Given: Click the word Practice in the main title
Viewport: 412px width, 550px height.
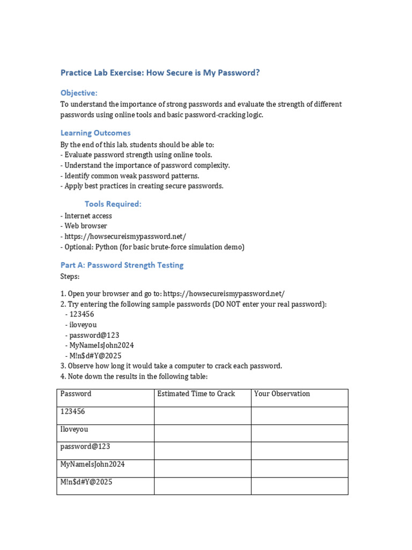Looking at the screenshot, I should (x=76, y=73).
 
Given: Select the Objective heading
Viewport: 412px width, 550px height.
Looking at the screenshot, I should (x=79, y=93).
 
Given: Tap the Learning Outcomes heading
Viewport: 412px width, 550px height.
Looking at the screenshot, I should (x=95, y=133).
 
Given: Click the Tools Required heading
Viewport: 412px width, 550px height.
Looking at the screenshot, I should (x=113, y=204).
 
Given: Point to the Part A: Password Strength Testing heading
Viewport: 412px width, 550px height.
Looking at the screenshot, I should (x=122, y=265).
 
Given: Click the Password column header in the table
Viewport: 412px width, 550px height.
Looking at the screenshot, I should (x=76, y=394).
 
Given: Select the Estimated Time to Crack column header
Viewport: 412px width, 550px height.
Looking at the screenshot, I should (x=196, y=394).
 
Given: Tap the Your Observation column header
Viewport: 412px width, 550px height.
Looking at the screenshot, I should (x=282, y=394).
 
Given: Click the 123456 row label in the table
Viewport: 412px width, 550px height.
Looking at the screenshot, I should (x=73, y=411).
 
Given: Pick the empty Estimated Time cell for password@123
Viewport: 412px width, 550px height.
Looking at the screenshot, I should (x=202, y=451).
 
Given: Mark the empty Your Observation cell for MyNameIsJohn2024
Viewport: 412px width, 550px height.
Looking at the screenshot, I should (x=299, y=468).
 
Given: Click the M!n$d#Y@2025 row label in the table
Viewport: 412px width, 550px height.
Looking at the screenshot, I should (x=86, y=482).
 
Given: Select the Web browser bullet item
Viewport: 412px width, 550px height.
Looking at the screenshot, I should (x=86, y=226).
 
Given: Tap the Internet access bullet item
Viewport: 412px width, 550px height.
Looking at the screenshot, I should (x=88, y=216).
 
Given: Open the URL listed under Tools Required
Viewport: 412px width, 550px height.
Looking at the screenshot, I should (x=126, y=236).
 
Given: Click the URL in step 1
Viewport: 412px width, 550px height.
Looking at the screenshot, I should (x=224, y=294).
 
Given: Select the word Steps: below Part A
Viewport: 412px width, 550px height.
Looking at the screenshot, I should (x=70, y=276).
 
